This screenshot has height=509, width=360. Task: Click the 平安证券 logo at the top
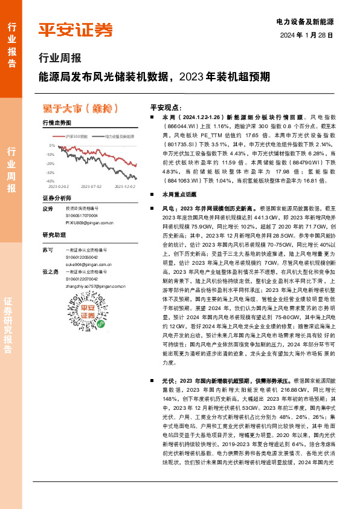point(76,30)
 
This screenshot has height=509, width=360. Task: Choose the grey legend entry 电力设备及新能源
point(115,138)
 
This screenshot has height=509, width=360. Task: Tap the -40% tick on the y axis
point(51,181)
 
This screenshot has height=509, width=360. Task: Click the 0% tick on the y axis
point(53,146)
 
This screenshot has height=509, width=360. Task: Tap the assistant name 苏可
point(48,250)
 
